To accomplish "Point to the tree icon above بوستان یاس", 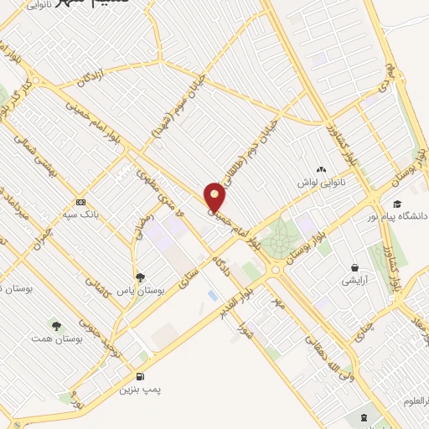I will (140, 277).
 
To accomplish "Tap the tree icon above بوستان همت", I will (57, 325).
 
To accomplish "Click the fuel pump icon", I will (139, 376).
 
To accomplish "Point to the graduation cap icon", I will (396, 204).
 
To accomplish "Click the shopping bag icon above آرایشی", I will (356, 268).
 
